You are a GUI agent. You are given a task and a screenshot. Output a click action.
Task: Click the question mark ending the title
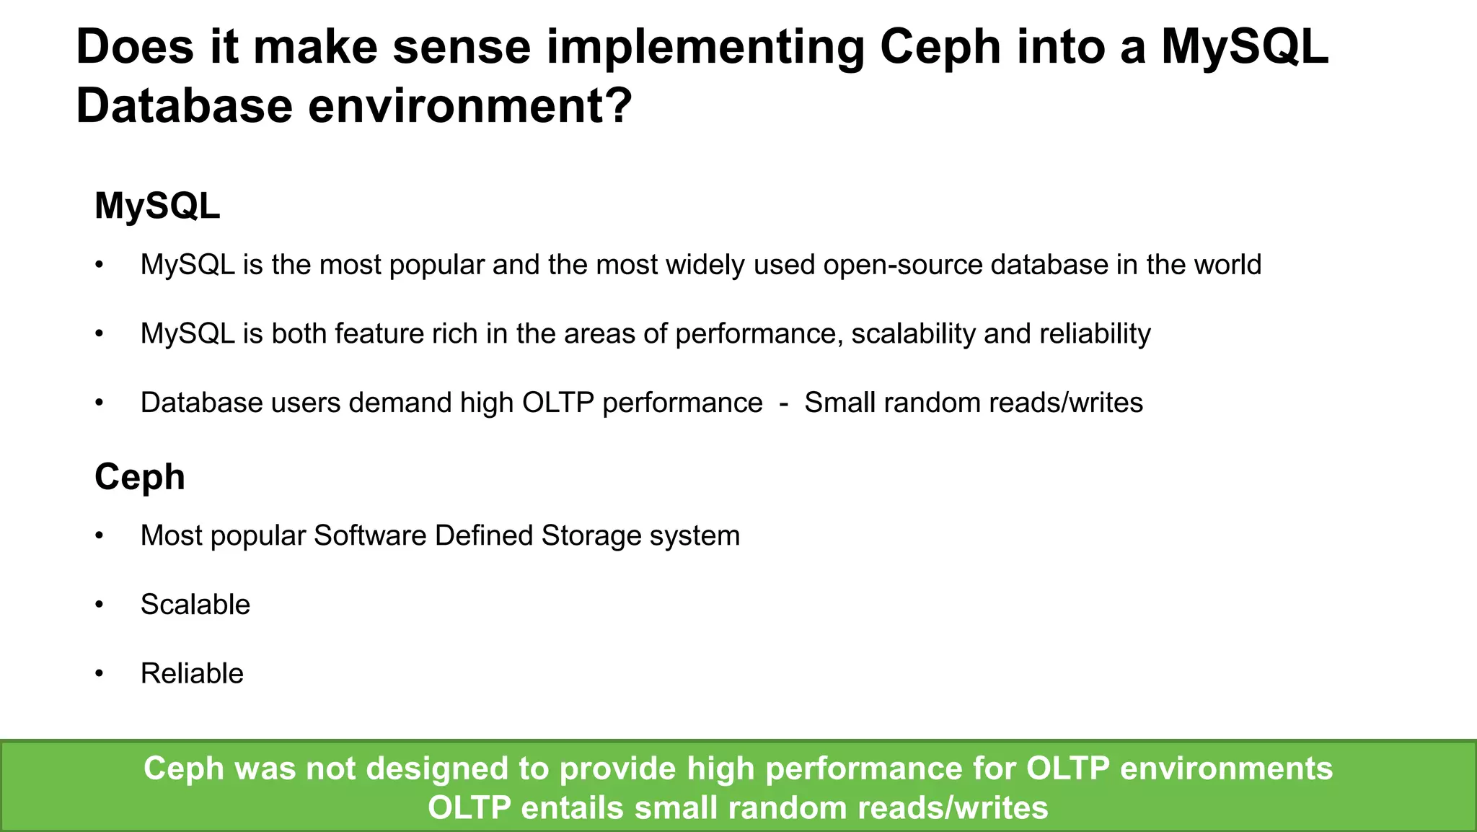pyautogui.click(x=617, y=106)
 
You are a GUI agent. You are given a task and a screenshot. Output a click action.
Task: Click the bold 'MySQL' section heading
pyautogui.click(x=157, y=206)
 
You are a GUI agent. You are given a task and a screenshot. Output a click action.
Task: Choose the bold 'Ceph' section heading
pyautogui.click(x=140, y=478)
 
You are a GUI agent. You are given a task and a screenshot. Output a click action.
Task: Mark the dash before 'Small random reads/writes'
pyautogui.click(x=783, y=403)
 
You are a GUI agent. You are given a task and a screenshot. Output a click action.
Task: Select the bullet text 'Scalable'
pyautogui.click(x=195, y=605)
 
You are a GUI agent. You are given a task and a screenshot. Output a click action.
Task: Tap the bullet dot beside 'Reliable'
pyautogui.click(x=100, y=674)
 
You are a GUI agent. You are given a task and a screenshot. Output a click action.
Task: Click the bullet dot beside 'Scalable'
pyautogui.click(x=100, y=605)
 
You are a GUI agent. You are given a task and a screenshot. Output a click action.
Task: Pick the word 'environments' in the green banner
pyautogui.click(x=1226, y=768)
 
